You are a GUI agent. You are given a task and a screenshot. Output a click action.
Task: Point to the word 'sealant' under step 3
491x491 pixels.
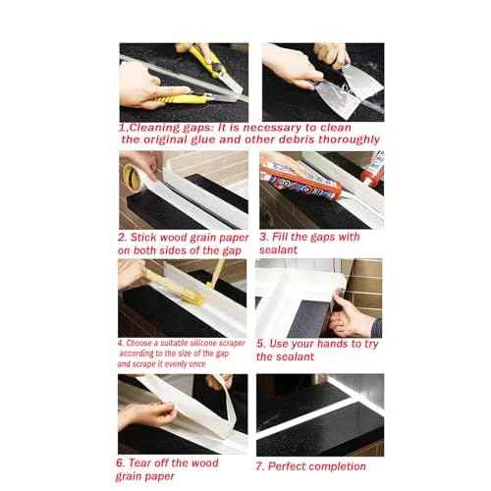tap(278, 250)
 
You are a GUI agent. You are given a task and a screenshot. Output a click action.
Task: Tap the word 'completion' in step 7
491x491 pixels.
tap(338, 466)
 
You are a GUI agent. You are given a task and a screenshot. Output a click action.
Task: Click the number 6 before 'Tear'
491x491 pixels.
tap(120, 464)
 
